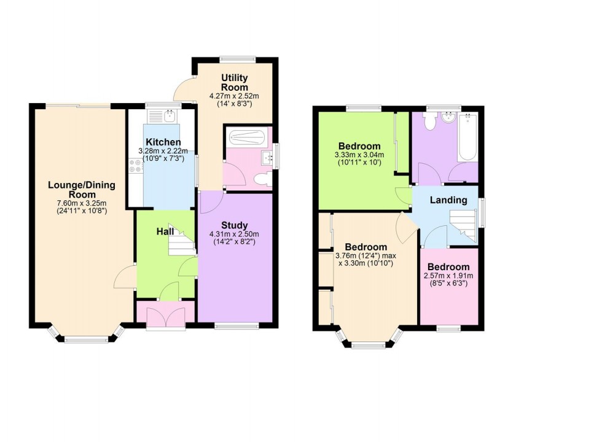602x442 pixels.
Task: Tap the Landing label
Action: coord(448,200)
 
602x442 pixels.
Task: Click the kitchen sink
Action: coord(162,115)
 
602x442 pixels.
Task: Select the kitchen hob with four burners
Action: coord(135,165)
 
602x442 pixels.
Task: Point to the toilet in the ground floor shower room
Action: coord(263,179)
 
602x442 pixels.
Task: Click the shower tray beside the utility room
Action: coord(246,137)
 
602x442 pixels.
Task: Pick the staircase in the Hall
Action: coord(181,242)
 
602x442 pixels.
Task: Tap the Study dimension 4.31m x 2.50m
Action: coord(235,234)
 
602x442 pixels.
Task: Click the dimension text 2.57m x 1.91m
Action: coord(448,276)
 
